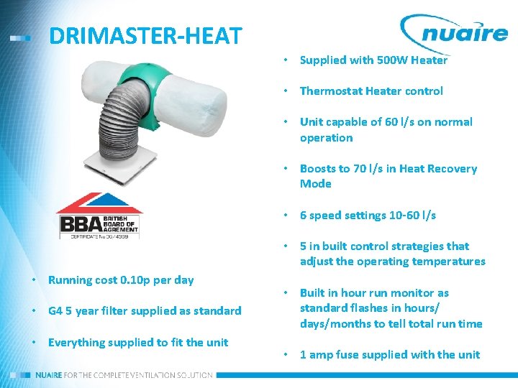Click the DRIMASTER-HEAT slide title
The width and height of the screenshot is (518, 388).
tap(145, 36)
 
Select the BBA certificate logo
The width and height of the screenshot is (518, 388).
tap(100, 216)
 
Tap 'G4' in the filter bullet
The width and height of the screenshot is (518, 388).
tap(56, 311)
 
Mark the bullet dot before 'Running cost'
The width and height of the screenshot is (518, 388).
tap(34, 280)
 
